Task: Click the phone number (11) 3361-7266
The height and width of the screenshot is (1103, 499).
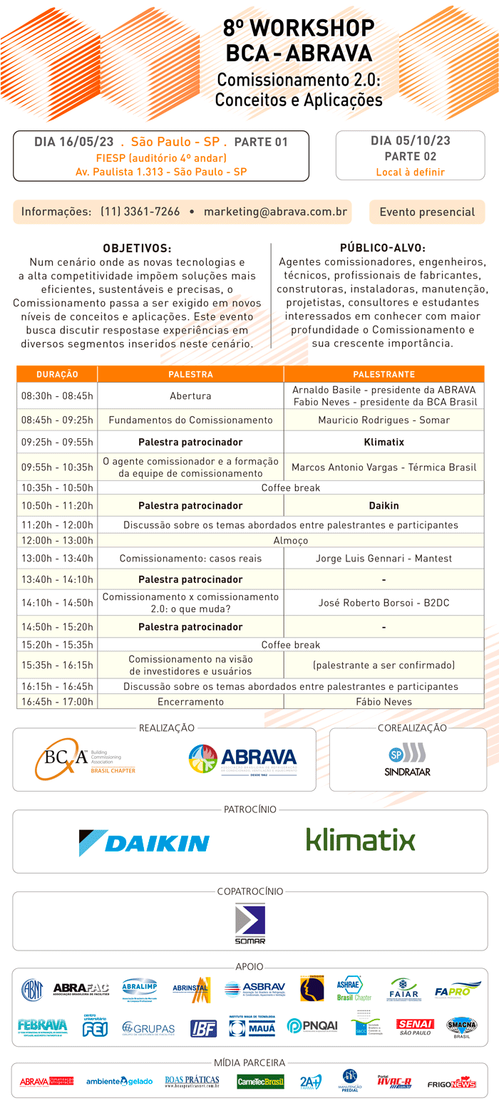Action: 140,212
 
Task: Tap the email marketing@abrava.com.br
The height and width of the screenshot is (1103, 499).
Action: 275,212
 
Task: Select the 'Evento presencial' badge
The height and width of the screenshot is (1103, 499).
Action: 427,212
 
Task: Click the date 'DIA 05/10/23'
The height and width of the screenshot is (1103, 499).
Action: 410,141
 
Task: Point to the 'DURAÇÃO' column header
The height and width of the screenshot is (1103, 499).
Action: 57,374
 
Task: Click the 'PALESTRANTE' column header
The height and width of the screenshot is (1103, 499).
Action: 384,374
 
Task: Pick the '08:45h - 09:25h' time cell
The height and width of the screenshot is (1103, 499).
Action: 57,420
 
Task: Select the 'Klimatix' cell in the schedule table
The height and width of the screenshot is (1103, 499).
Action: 384,442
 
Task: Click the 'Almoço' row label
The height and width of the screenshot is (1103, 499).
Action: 290,541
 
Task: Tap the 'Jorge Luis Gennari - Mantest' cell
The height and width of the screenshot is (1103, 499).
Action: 384,558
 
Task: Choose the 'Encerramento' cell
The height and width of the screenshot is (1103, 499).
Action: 190,702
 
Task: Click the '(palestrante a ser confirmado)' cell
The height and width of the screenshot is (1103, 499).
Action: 384,666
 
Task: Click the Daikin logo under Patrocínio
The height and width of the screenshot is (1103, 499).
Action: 144,842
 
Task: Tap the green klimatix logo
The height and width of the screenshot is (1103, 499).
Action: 360,839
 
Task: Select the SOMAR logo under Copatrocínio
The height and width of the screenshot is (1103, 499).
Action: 249,923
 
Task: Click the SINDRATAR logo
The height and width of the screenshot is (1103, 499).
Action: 407,760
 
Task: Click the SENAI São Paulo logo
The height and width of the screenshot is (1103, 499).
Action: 415,1026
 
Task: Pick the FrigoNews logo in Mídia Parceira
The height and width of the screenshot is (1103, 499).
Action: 451,1082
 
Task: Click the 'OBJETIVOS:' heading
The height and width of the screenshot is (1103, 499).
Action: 137,249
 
